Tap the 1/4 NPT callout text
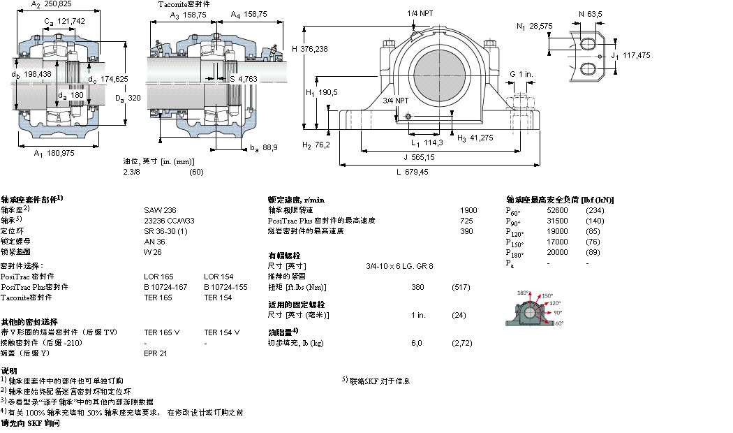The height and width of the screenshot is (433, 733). point(420,13)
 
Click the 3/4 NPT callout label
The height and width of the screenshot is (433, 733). point(396,101)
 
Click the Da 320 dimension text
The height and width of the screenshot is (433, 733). point(128,98)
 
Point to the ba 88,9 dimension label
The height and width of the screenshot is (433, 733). point(264,147)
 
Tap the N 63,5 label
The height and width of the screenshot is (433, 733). point(590,13)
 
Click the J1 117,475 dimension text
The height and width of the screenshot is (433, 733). point(630,55)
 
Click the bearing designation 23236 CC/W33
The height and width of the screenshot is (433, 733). point(170,221)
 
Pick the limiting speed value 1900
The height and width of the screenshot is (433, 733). point(468,210)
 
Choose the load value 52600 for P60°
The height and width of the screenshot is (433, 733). point(557,210)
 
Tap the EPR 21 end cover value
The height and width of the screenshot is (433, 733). point(156,353)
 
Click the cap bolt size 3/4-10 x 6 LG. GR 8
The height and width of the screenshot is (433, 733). point(399,266)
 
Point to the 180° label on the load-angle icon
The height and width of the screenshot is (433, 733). point(522,293)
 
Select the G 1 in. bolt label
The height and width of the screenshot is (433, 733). point(521,74)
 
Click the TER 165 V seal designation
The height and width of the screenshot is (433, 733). point(161,332)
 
